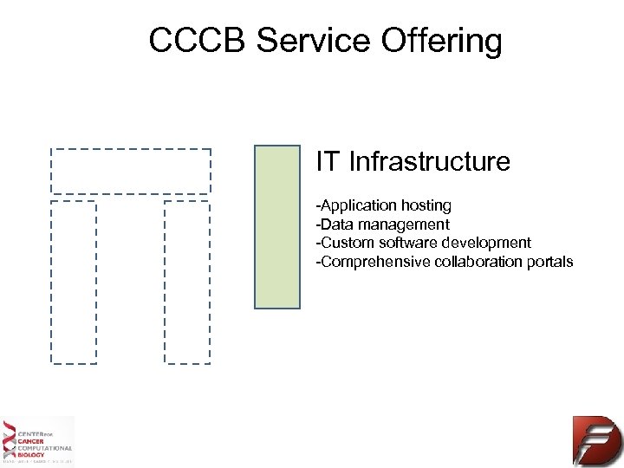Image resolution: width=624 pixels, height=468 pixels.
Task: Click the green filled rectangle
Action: (276, 226)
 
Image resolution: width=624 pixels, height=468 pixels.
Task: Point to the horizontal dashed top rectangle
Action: (131, 171)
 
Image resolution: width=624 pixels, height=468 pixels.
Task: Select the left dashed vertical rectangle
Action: (74, 282)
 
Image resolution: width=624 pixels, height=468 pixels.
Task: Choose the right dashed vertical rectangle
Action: (187, 282)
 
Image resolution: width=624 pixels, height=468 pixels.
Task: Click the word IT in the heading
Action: (328, 161)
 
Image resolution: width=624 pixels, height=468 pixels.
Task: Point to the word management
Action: (408, 225)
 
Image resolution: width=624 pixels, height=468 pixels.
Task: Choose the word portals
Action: (550, 262)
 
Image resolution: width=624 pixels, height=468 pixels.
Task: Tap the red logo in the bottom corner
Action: (596, 440)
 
